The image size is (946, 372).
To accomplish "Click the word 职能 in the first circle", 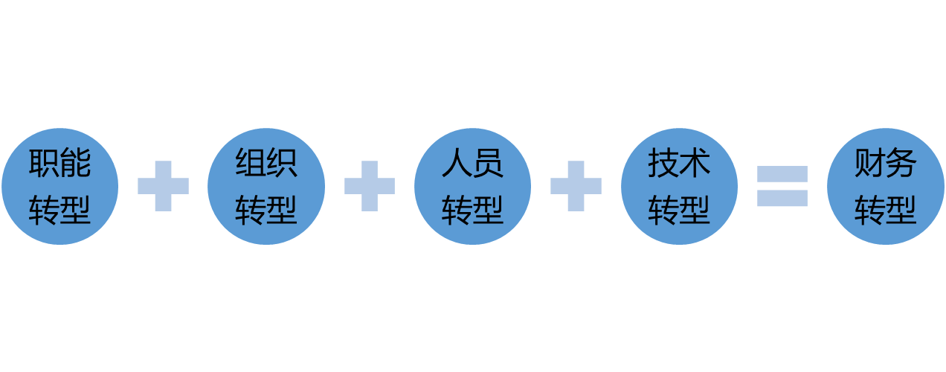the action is [59, 163].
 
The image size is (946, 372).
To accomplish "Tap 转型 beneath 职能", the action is [59, 209].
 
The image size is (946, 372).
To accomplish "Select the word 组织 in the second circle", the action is [266, 163].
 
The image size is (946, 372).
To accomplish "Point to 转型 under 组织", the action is [266, 209].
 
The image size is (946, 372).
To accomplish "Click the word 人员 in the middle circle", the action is [472, 163].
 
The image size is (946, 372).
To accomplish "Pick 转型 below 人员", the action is [472, 209].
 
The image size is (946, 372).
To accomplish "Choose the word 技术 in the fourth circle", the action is [679, 163].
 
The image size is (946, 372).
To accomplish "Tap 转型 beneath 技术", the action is [679, 209].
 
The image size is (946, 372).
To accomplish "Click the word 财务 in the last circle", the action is [886, 163].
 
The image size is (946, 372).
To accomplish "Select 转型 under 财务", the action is [886, 209].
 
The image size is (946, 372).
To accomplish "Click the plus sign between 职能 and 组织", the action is [163, 186].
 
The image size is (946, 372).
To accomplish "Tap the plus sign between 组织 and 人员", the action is [370, 186].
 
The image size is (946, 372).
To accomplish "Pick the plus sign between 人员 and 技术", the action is [576, 186].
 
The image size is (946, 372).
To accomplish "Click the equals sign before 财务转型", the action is [782, 186].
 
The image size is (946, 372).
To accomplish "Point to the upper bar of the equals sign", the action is [782, 173].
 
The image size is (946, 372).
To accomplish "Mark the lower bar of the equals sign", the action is [782, 198].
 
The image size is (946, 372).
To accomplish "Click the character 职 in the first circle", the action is [44, 163].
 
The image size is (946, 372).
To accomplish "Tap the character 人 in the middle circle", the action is [457, 163].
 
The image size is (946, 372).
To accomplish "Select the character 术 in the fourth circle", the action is [695, 163].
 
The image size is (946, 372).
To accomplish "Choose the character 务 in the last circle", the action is [901, 163].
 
